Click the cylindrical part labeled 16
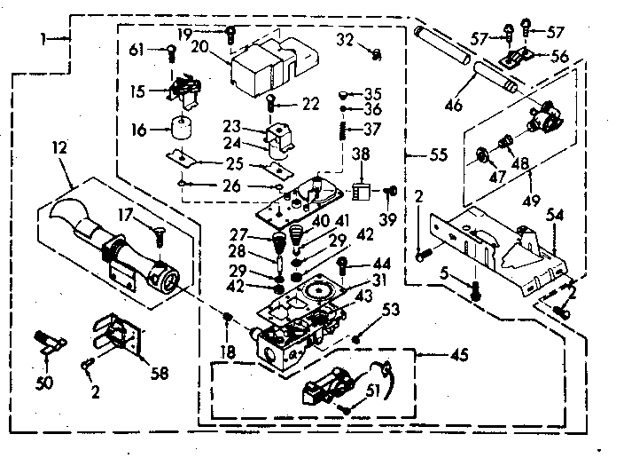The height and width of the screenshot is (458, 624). (183, 129)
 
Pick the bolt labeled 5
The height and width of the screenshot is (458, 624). (476, 289)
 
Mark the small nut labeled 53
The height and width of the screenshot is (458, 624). (356, 338)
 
